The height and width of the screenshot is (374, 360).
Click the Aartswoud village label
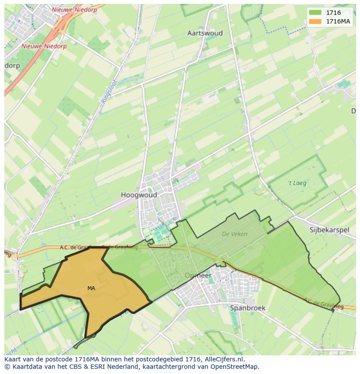(205, 33)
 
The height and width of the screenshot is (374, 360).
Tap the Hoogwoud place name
(139, 195)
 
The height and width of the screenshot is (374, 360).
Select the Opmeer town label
(198, 275)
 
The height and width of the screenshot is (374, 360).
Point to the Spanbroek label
(247, 308)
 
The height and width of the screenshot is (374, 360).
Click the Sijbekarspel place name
(329, 230)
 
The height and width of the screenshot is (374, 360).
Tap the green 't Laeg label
(297, 183)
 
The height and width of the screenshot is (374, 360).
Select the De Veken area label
(234, 234)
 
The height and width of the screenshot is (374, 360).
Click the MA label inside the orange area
(91, 288)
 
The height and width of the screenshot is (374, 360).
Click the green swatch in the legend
(315, 13)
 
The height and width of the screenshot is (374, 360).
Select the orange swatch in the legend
(315, 22)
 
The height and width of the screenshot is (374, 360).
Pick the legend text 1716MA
(339, 22)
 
